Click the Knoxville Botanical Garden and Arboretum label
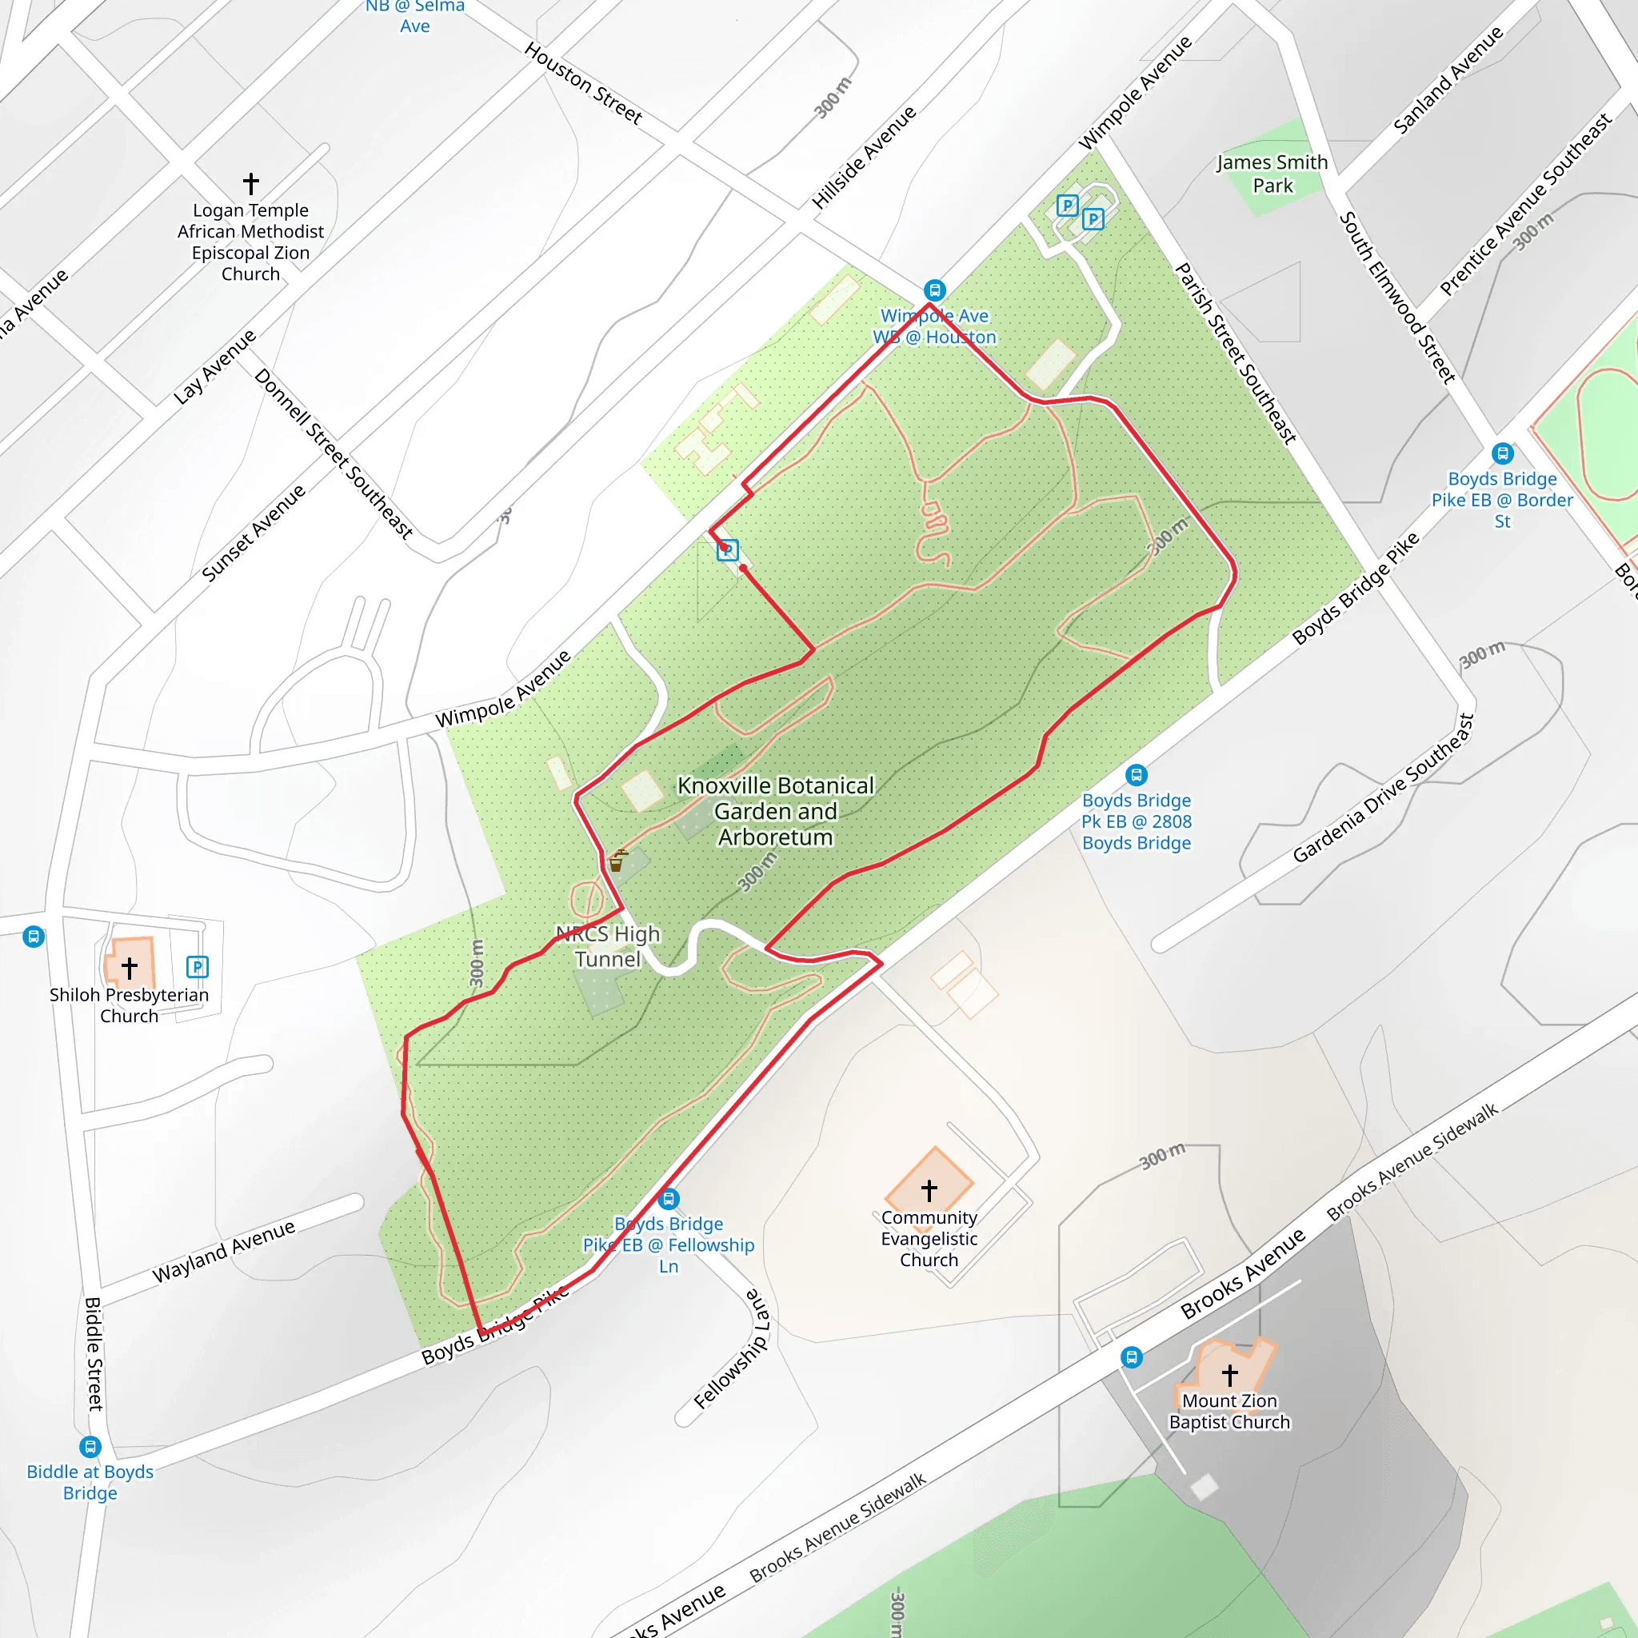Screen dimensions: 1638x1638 tap(775, 811)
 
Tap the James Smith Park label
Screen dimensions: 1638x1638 tap(1272, 174)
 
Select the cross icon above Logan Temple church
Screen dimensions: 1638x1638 tap(251, 183)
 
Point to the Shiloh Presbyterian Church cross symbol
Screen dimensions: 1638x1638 tap(130, 968)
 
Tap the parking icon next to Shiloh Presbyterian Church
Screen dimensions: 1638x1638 tap(197, 966)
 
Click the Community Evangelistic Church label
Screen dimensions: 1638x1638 tap(929, 1239)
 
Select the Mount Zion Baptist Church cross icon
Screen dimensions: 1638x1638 tap(1229, 1373)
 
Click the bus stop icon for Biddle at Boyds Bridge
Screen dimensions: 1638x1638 tap(90, 1446)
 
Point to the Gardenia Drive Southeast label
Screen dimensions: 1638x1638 tap(1384, 789)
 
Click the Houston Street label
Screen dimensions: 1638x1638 tap(583, 83)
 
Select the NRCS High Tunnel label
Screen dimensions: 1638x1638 tap(608, 946)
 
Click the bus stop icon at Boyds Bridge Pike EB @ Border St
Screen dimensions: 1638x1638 tap(1502, 453)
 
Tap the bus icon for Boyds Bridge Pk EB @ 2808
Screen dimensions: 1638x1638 tap(1136, 775)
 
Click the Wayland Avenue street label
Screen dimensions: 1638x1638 tap(224, 1252)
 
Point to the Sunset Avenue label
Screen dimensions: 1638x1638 tap(254, 533)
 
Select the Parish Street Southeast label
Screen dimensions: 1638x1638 tap(1235, 354)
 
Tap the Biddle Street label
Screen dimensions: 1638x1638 tap(94, 1354)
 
